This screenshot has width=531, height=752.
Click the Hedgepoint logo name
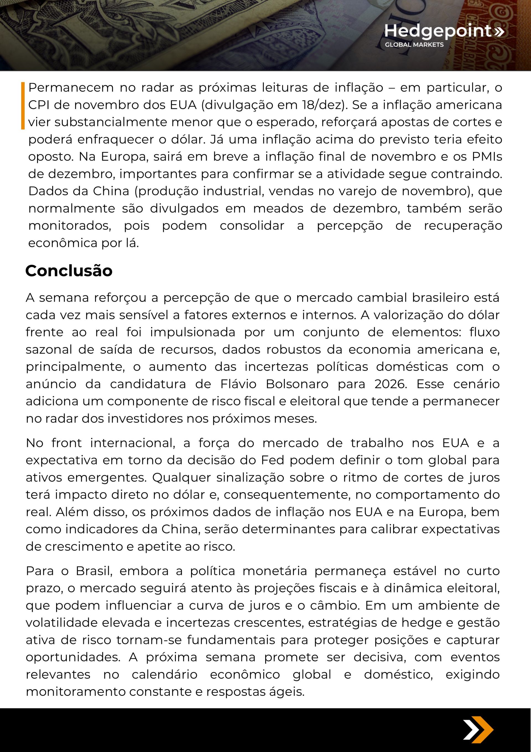click(438, 31)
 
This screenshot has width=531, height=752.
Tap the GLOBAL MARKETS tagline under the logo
click(414, 45)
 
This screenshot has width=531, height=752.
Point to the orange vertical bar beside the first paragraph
click(23, 105)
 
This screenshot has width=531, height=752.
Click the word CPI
click(38, 105)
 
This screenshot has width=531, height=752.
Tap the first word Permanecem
click(71, 87)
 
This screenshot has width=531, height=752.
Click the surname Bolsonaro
click(297, 384)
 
